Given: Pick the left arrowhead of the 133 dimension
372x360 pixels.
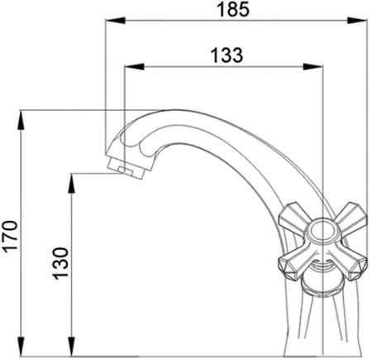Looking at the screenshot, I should tap(128, 67).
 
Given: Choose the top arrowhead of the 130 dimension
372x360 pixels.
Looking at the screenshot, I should tap(72, 178).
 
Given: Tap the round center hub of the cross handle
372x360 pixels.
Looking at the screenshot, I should tap(318, 240).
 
